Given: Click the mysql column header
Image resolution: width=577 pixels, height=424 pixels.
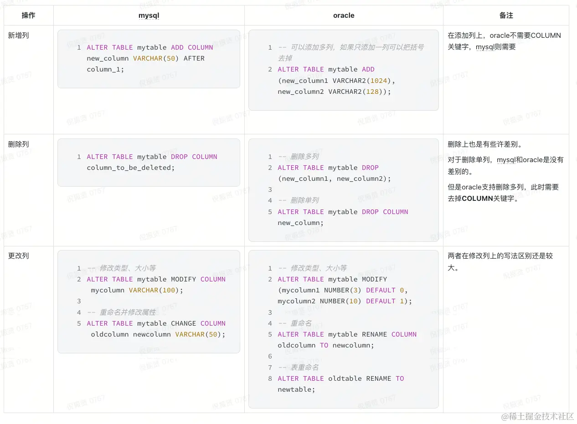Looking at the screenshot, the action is [149, 15].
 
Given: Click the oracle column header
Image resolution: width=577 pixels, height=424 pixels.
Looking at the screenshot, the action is [344, 15].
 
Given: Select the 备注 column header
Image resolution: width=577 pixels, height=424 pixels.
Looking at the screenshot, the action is [506, 15].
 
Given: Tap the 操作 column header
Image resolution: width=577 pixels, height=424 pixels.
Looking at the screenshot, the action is [28, 15].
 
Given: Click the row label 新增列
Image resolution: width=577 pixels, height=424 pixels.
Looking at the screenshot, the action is [19, 36].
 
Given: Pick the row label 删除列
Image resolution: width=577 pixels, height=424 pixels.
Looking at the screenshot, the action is [19, 144].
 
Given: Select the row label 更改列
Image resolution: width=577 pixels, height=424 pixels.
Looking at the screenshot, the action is [19, 256].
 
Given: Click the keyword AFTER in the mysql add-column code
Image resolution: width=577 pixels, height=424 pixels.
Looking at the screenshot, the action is [194, 58].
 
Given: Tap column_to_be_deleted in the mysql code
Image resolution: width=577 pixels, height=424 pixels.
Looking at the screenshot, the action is [130, 168].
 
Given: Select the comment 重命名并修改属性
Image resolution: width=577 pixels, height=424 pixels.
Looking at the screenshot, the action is [128, 312].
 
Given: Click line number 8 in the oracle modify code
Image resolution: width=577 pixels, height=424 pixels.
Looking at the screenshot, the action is [270, 378].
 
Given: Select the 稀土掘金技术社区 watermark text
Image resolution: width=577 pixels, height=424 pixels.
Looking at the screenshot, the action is [541, 416].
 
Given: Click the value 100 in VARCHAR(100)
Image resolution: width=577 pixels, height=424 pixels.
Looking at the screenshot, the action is [169, 290].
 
